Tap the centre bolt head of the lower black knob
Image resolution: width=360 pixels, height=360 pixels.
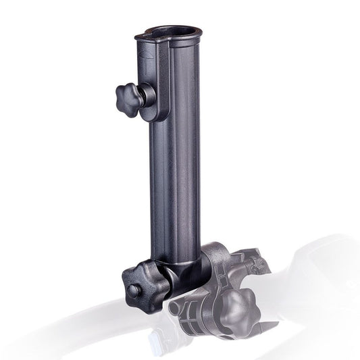tap(135, 290)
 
